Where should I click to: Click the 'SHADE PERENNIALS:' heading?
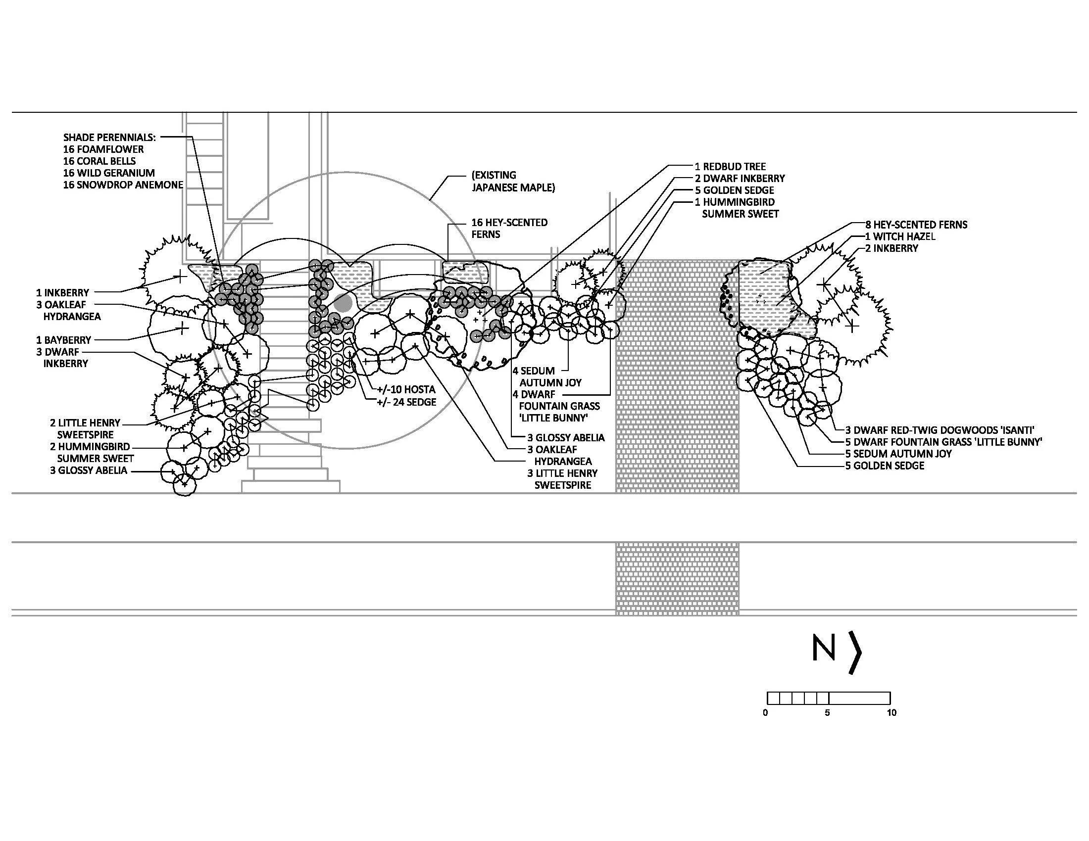(109, 137)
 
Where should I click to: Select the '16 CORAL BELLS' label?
(99, 161)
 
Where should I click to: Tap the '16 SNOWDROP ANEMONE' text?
(123, 185)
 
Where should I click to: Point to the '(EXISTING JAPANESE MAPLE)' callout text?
(513, 182)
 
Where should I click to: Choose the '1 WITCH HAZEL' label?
(900, 236)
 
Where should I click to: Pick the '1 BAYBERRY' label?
(63, 340)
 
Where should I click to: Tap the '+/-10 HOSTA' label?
(406, 389)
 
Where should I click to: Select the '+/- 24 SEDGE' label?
(406, 402)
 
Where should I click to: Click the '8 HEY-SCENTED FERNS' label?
(916, 225)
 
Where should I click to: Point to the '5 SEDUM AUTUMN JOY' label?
(898, 454)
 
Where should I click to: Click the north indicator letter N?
(823, 647)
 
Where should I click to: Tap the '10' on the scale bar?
(891, 713)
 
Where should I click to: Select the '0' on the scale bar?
(765, 713)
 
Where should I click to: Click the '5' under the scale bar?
(827, 713)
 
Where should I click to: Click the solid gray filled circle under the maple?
(343, 303)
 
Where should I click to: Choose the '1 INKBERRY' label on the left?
(62, 293)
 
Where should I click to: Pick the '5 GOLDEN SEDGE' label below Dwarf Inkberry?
(735, 190)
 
